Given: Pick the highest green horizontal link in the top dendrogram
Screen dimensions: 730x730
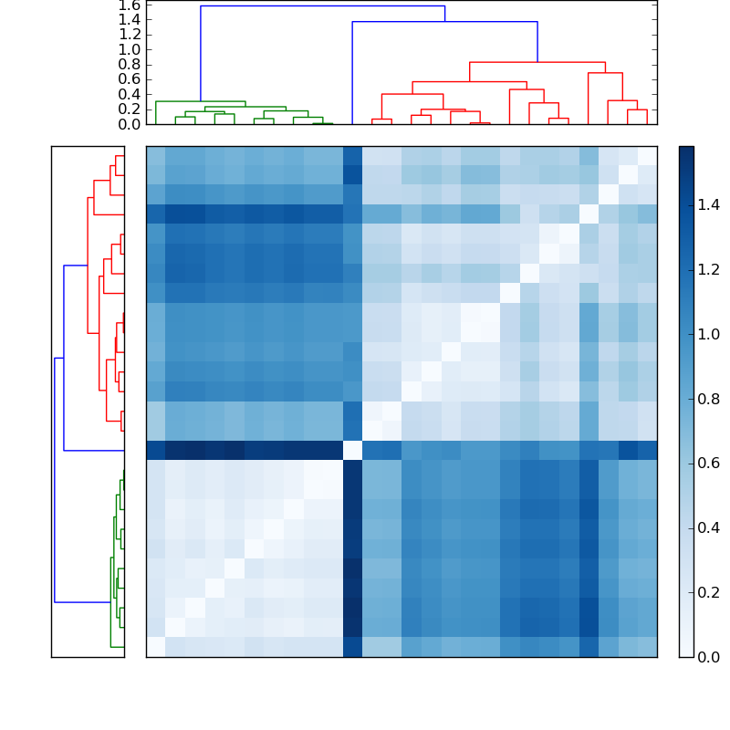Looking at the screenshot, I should [x=200, y=101].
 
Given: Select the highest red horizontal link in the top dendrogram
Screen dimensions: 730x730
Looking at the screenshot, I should [x=537, y=62].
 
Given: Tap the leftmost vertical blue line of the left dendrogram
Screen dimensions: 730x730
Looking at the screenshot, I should [x=55, y=480].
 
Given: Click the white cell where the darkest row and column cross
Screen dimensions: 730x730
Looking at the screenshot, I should [x=352, y=450].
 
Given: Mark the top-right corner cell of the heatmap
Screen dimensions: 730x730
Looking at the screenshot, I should [x=647, y=155].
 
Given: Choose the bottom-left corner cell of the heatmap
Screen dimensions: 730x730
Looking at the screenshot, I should [x=155, y=647].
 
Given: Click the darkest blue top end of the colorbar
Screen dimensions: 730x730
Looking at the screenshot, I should [x=686, y=151].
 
